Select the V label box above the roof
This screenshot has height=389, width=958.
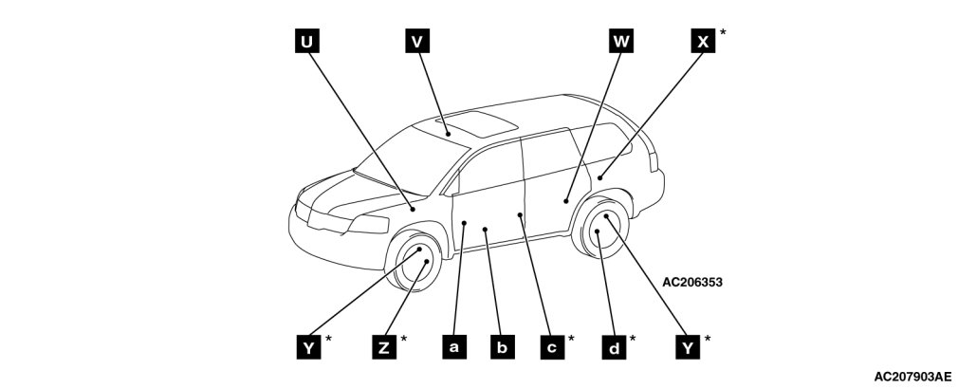(417, 41)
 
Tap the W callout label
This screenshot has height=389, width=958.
(620, 41)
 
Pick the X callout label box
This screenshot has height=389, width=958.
(703, 41)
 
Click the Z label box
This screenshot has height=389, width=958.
(383, 347)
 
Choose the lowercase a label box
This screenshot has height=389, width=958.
(453, 347)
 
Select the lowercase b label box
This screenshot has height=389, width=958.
(502, 347)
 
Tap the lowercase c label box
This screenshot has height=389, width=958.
(550, 347)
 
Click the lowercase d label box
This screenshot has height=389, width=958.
(615, 347)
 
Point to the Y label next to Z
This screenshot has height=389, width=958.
(307, 347)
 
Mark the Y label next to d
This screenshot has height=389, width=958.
(687, 347)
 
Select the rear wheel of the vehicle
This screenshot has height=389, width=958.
(600, 231)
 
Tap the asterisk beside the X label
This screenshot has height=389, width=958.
(724, 32)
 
